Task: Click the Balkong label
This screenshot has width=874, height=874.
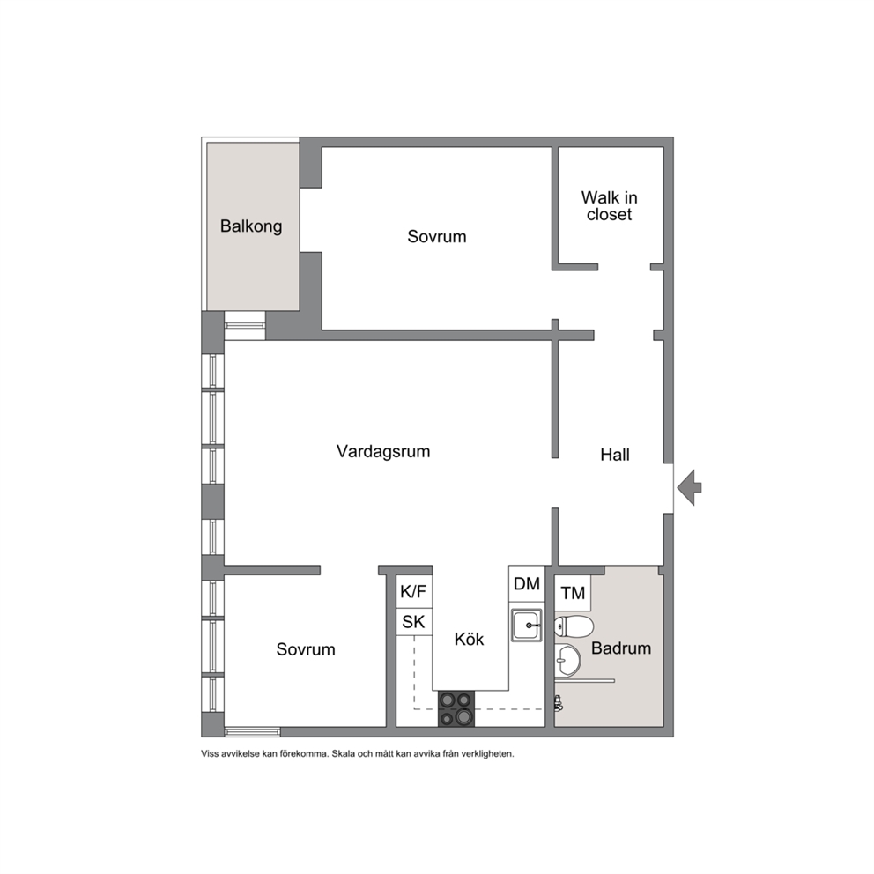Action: (251, 226)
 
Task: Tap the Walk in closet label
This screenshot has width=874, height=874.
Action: (609, 205)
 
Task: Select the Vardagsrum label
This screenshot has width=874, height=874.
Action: (383, 451)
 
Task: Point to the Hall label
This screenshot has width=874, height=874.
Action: (615, 455)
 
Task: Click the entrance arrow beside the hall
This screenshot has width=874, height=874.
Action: (690, 488)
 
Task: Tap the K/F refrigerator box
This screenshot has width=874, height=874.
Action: (413, 592)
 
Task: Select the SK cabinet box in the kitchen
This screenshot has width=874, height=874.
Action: (413, 621)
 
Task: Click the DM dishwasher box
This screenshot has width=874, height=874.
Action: (527, 583)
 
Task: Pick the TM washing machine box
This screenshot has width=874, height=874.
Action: (573, 593)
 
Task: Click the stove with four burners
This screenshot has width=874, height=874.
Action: (456, 708)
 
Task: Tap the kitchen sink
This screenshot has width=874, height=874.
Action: (527, 625)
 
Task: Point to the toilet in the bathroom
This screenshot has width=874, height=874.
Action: (574, 627)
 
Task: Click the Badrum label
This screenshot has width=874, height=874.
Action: (621, 648)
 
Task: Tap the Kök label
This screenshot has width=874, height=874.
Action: (469, 639)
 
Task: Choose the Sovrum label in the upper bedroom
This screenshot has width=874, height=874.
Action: (436, 236)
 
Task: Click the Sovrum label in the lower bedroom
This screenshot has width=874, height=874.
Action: (306, 649)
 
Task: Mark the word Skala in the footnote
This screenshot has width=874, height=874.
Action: (344, 754)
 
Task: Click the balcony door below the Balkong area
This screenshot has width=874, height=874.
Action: (245, 326)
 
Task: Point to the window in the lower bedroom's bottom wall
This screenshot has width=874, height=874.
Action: (253, 732)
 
